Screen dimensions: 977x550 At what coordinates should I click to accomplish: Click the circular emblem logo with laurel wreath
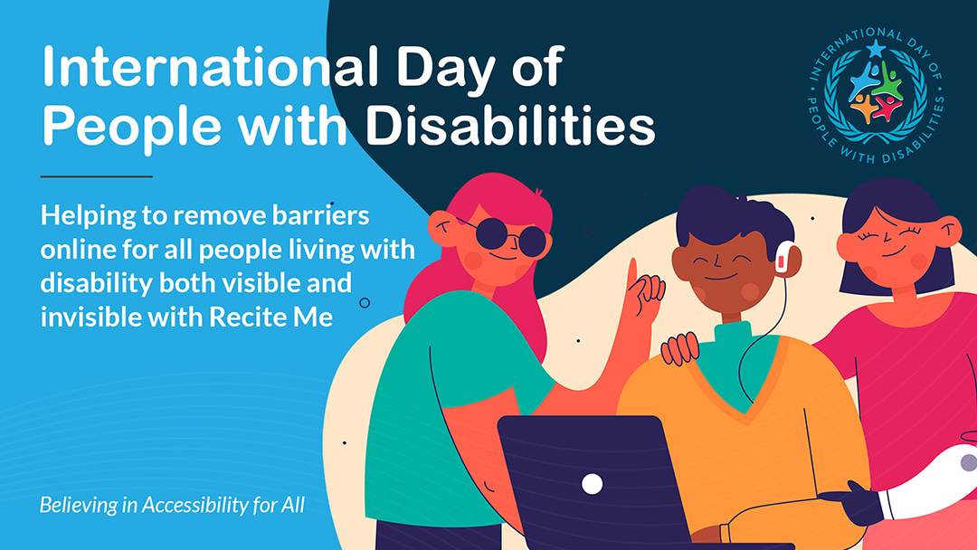tap(876, 95)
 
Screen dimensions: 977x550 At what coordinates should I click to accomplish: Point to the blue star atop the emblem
tap(876, 48)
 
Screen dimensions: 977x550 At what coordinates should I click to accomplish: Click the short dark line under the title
tap(96, 176)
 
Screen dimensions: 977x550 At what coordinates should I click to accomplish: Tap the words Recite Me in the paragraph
tap(270, 317)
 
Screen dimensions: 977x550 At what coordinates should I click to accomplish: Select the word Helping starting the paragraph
tap(88, 217)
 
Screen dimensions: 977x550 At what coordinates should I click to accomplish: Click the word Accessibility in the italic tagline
tap(195, 505)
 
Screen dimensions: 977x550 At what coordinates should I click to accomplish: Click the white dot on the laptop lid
tap(592, 484)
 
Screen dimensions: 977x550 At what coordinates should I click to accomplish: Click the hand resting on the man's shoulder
tap(679, 349)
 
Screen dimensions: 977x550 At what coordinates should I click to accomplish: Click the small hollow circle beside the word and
tap(365, 303)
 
